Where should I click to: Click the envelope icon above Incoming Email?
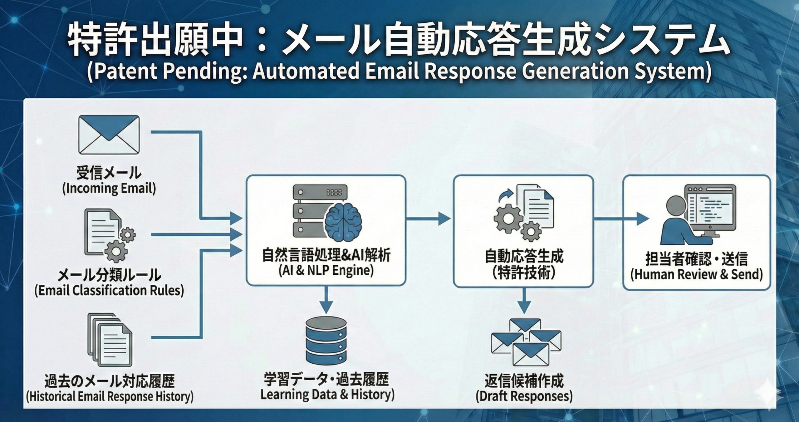point(109,135)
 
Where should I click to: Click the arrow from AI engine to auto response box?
point(429,218)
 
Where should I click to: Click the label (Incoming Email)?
point(109,189)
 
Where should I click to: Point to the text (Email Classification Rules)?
point(109,291)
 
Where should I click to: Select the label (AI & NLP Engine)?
point(326,270)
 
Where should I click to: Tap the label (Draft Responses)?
point(524,396)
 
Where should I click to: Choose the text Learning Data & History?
point(327,395)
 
